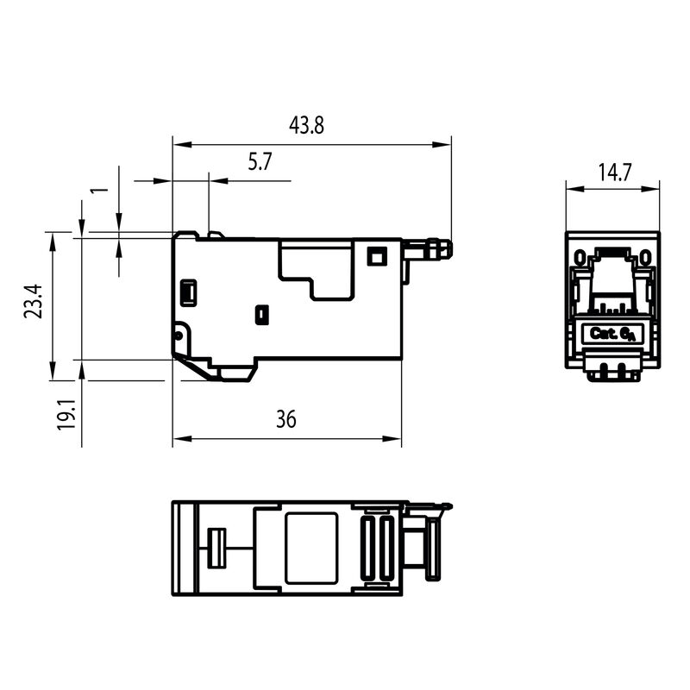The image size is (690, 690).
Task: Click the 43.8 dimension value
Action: [306, 126]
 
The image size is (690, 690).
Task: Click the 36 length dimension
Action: [285, 420]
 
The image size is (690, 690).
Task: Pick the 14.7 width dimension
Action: [613, 172]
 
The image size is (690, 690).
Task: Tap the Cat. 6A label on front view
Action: [612, 334]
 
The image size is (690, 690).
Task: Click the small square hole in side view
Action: [375, 256]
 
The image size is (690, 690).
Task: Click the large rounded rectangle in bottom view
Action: [310, 548]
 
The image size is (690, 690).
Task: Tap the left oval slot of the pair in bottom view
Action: [372, 548]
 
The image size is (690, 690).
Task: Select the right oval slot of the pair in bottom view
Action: [386, 548]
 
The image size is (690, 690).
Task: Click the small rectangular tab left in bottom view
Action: [216, 549]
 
